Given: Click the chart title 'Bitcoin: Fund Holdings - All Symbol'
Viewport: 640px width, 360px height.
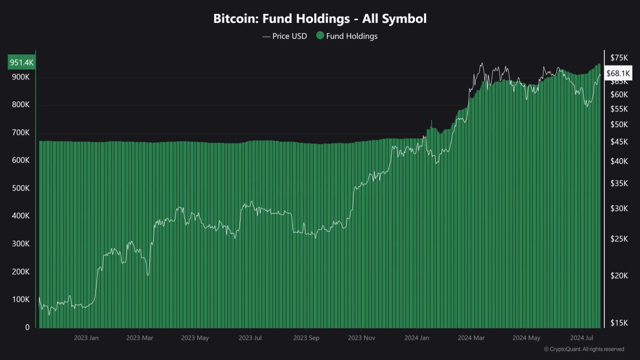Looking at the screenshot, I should tap(320, 19).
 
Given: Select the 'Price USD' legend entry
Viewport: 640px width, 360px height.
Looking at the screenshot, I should tap(285, 36).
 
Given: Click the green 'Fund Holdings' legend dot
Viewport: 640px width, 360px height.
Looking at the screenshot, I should tap(320, 36).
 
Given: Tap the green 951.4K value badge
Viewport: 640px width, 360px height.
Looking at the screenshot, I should tap(22, 63).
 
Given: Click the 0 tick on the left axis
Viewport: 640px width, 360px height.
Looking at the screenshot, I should tap(27, 327).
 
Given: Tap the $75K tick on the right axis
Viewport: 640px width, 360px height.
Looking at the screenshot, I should tap(619, 58).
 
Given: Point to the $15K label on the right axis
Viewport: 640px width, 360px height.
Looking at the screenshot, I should tap(619, 323).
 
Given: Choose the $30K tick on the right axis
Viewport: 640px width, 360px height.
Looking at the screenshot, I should tap(619, 209).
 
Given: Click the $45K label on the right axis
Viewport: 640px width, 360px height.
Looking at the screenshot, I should tap(619, 141).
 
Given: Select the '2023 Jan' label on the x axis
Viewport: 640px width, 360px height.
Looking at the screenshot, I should tap(86, 338).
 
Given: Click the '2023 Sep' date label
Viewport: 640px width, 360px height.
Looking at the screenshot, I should tap(306, 338).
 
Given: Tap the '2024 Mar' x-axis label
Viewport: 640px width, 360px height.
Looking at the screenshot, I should tap(471, 338).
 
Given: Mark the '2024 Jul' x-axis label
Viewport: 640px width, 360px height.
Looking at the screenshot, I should tap(582, 338).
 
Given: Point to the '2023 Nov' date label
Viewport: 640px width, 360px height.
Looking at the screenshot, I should tap(362, 338).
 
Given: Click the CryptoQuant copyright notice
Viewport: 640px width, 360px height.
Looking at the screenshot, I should tap(584, 349).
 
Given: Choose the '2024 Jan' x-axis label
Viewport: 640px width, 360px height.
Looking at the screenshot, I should tap(417, 338).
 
